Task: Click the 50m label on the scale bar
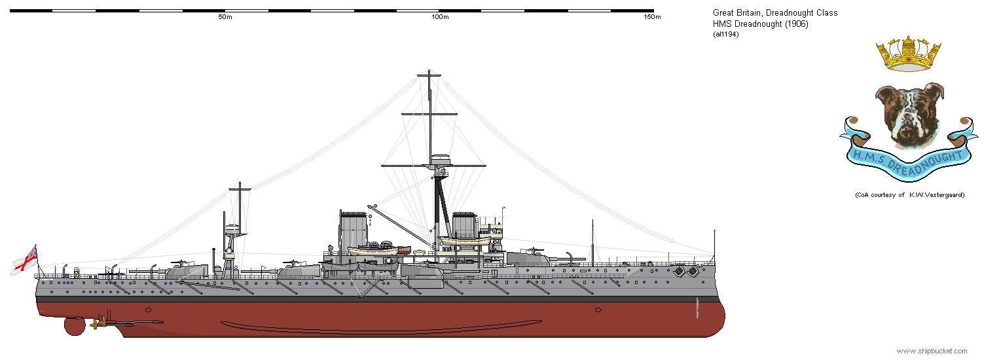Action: click(x=225, y=17)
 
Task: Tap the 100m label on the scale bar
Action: click(x=440, y=17)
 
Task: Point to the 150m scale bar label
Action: click(x=652, y=17)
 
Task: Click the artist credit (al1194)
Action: click(x=726, y=34)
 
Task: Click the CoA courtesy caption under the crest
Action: click(x=909, y=195)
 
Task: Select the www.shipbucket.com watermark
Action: click(x=932, y=351)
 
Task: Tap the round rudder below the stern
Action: click(x=75, y=326)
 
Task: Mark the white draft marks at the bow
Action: click(x=699, y=308)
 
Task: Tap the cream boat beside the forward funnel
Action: click(x=465, y=241)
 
